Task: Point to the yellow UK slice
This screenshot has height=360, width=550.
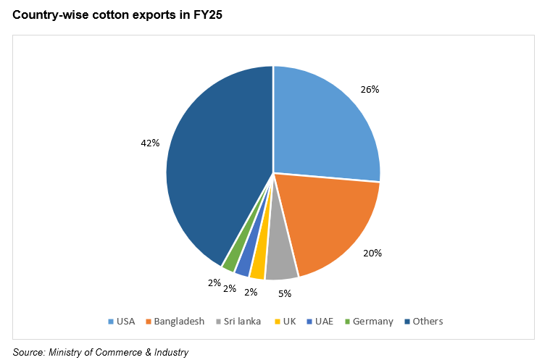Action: click(258, 268)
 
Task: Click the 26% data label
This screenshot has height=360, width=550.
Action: click(370, 89)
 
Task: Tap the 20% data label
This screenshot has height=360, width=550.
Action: click(372, 253)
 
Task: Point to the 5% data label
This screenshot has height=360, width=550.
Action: click(285, 293)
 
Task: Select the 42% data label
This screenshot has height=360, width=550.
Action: click(150, 143)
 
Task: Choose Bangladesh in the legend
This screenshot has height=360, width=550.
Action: click(174, 321)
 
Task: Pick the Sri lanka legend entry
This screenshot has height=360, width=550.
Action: click(238, 321)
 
